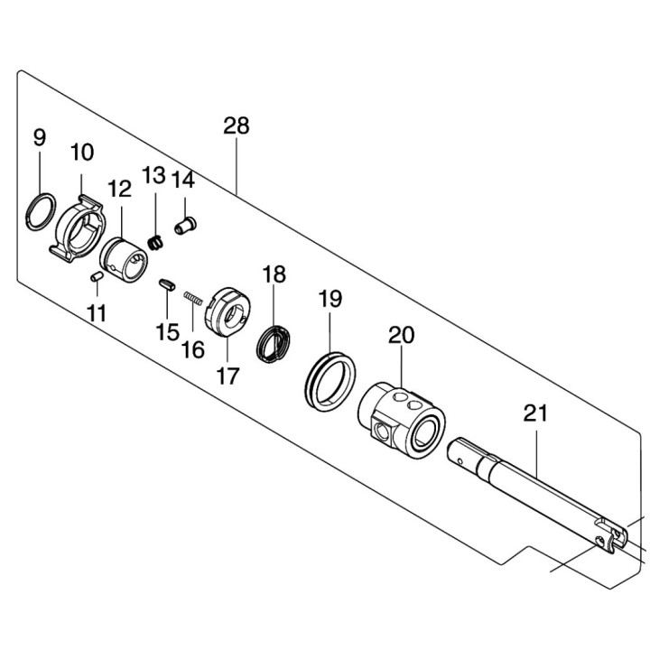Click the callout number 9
point(39,138)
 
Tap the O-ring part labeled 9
point(40,211)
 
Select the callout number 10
point(82,153)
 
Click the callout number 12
point(119,189)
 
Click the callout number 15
point(167,332)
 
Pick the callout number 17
point(228,376)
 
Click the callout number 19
point(330,299)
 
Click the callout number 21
point(535,414)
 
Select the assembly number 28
point(237,126)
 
